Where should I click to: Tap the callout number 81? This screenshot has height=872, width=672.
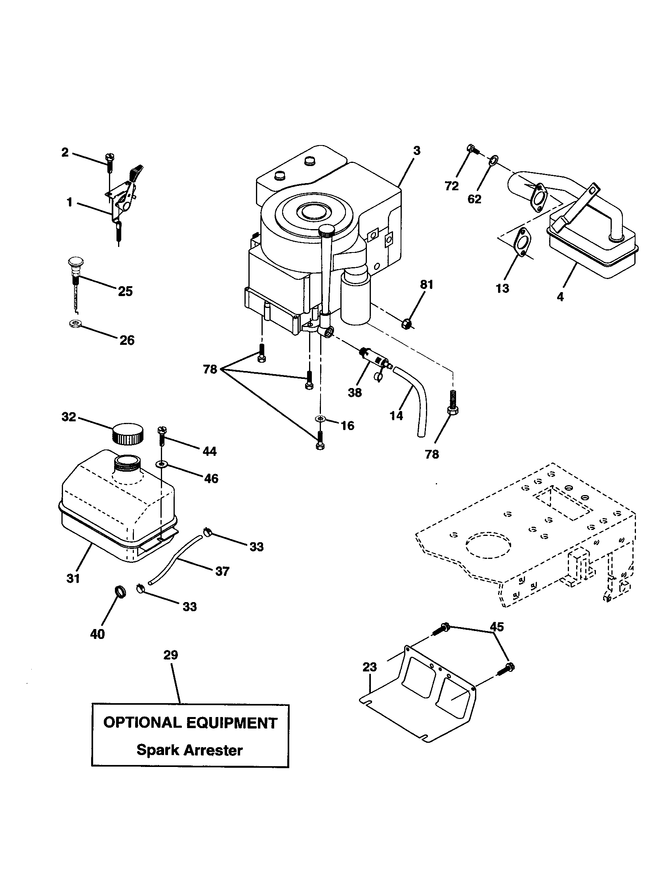pyautogui.click(x=426, y=285)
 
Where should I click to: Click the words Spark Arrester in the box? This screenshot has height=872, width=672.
pyautogui.click(x=189, y=750)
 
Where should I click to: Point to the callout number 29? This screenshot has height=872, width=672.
pyautogui.click(x=171, y=655)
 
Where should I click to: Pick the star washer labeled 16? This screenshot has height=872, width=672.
pyautogui.click(x=319, y=419)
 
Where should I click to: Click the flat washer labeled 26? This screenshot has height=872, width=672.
pyautogui.click(x=74, y=323)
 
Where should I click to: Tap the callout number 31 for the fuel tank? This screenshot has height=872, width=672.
pyautogui.click(x=73, y=578)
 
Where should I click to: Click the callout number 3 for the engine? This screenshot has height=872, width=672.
pyautogui.click(x=416, y=151)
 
